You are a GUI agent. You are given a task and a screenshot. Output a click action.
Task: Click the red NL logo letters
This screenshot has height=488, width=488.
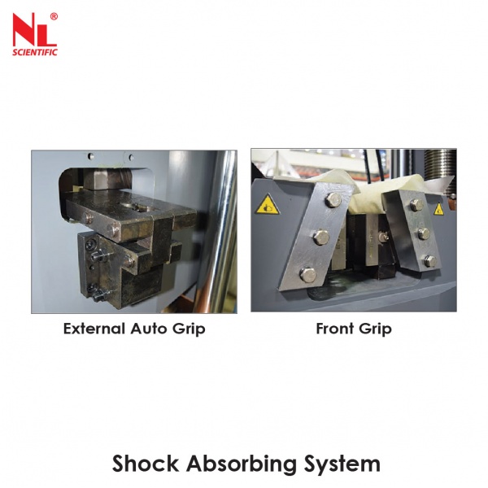click(33, 31)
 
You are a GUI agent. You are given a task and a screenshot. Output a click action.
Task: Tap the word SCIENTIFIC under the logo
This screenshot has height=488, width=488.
click(35, 52)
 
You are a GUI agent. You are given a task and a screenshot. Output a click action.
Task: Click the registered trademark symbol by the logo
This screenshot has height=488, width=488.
click(54, 16)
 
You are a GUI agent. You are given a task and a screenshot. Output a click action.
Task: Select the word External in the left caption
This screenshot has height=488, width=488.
click(95, 329)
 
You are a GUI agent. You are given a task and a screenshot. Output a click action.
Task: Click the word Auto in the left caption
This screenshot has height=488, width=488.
click(150, 329)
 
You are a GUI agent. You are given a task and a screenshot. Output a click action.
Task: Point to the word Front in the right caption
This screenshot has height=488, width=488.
click(335, 329)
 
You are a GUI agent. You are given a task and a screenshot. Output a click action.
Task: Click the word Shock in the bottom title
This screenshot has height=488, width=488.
click(146, 464)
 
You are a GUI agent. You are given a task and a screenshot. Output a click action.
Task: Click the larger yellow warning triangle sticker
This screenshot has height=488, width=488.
click(267, 205)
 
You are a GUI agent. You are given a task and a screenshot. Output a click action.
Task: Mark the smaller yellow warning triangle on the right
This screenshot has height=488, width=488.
click(438, 210)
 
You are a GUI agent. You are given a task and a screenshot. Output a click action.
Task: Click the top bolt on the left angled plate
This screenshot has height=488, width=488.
click(333, 200)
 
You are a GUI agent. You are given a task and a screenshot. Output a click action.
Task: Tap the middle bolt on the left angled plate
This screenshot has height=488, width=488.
click(321, 237)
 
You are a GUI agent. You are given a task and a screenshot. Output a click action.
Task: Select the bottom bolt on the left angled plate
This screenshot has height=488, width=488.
click(307, 275)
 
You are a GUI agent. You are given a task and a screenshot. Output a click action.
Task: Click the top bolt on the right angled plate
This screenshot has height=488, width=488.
click(416, 204)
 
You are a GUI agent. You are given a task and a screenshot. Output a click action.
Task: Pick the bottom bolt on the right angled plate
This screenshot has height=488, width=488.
click(430, 261)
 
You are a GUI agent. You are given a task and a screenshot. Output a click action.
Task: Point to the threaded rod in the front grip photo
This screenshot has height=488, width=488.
click(440, 172)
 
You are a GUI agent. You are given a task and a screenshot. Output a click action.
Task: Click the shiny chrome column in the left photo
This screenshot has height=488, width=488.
click(222, 231)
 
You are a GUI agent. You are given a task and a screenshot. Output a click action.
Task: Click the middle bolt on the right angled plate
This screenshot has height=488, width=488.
click(424, 233)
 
